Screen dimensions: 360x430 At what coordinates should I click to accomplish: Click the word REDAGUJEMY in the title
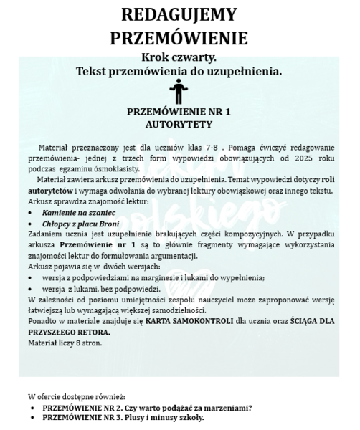[x=179, y=15]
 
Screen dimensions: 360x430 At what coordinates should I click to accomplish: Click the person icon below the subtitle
[x=179, y=91]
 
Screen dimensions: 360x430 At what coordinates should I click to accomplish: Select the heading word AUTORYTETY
[x=179, y=123]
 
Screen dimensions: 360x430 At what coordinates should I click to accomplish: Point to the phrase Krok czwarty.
[x=179, y=57]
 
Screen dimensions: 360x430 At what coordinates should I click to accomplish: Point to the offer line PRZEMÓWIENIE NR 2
[x=147, y=408]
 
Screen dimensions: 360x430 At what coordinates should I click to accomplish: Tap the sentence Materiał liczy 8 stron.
[x=66, y=343]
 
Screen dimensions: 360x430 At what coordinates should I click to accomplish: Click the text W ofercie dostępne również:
[x=76, y=396]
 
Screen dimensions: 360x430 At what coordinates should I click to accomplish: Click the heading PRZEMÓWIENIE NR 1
[x=179, y=113]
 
